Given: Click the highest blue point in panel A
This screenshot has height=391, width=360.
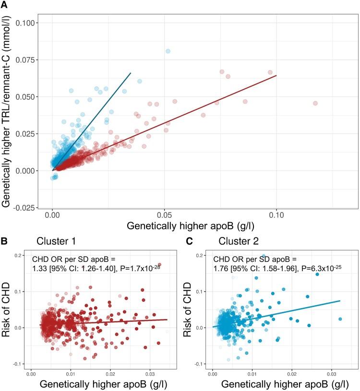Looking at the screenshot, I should [168, 51].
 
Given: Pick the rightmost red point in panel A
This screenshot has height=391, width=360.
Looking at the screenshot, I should [315, 103].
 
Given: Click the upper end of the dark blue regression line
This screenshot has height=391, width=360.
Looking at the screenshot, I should [131, 73].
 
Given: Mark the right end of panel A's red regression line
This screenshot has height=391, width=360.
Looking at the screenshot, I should [276, 75].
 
